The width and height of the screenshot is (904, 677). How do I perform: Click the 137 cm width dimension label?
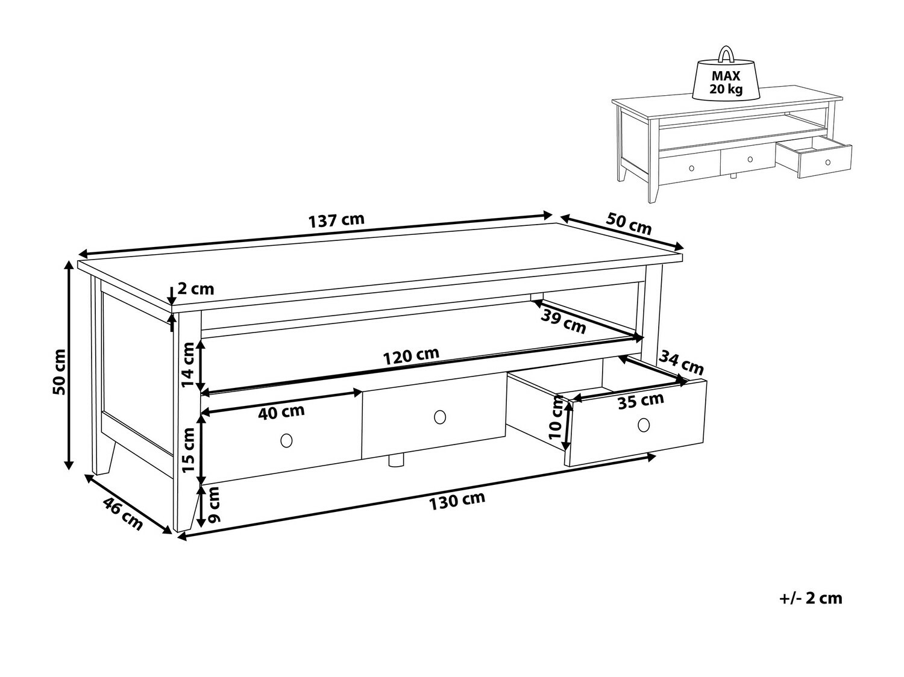(336, 220)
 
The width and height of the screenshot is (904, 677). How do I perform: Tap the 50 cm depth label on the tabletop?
(629, 223)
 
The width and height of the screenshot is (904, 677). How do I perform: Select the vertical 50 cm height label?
(60, 372)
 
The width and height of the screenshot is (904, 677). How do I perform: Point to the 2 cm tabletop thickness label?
(196, 289)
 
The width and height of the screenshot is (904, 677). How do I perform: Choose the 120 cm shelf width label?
(411, 356)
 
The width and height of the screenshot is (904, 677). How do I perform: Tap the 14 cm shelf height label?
(188, 364)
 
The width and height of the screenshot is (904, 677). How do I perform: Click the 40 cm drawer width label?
(281, 412)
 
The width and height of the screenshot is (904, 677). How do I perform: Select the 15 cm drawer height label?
(188, 450)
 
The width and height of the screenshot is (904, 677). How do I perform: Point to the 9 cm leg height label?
(214, 505)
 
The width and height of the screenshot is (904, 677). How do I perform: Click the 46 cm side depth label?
(122, 514)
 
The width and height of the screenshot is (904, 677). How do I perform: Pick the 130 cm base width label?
(457, 501)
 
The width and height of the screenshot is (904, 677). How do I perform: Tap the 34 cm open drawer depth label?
(681, 363)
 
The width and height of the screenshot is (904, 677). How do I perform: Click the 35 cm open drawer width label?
(641, 401)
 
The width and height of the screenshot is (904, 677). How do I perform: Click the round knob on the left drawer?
(286, 440)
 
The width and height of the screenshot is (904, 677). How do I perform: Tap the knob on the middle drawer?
(440, 417)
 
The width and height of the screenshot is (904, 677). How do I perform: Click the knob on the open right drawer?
(644, 425)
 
